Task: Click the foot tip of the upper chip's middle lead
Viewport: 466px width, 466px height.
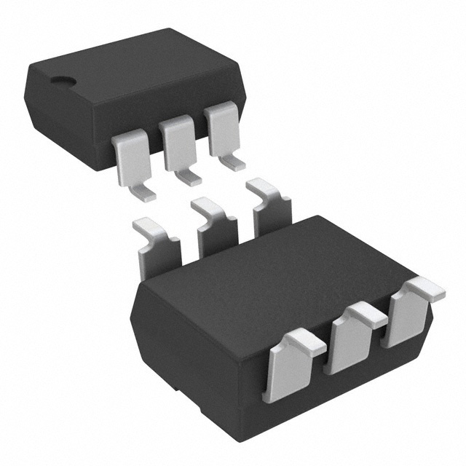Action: click(191, 179)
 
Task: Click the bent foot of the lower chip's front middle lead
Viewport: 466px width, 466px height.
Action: click(368, 315)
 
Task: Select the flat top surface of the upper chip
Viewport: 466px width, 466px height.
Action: click(131, 69)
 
